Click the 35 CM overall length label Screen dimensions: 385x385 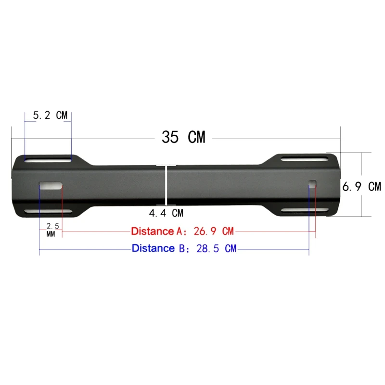point(183,137)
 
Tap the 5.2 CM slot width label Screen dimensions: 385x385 point(50,115)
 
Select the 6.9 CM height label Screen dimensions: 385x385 point(361,187)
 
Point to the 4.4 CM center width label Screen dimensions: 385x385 point(166,213)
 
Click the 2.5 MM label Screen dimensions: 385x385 point(52,230)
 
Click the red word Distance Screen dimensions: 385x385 point(153,231)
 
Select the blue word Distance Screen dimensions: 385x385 point(153,248)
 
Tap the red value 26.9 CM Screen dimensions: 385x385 point(214,231)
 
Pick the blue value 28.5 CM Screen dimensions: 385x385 point(216,248)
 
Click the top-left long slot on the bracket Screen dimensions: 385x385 point(48,160)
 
